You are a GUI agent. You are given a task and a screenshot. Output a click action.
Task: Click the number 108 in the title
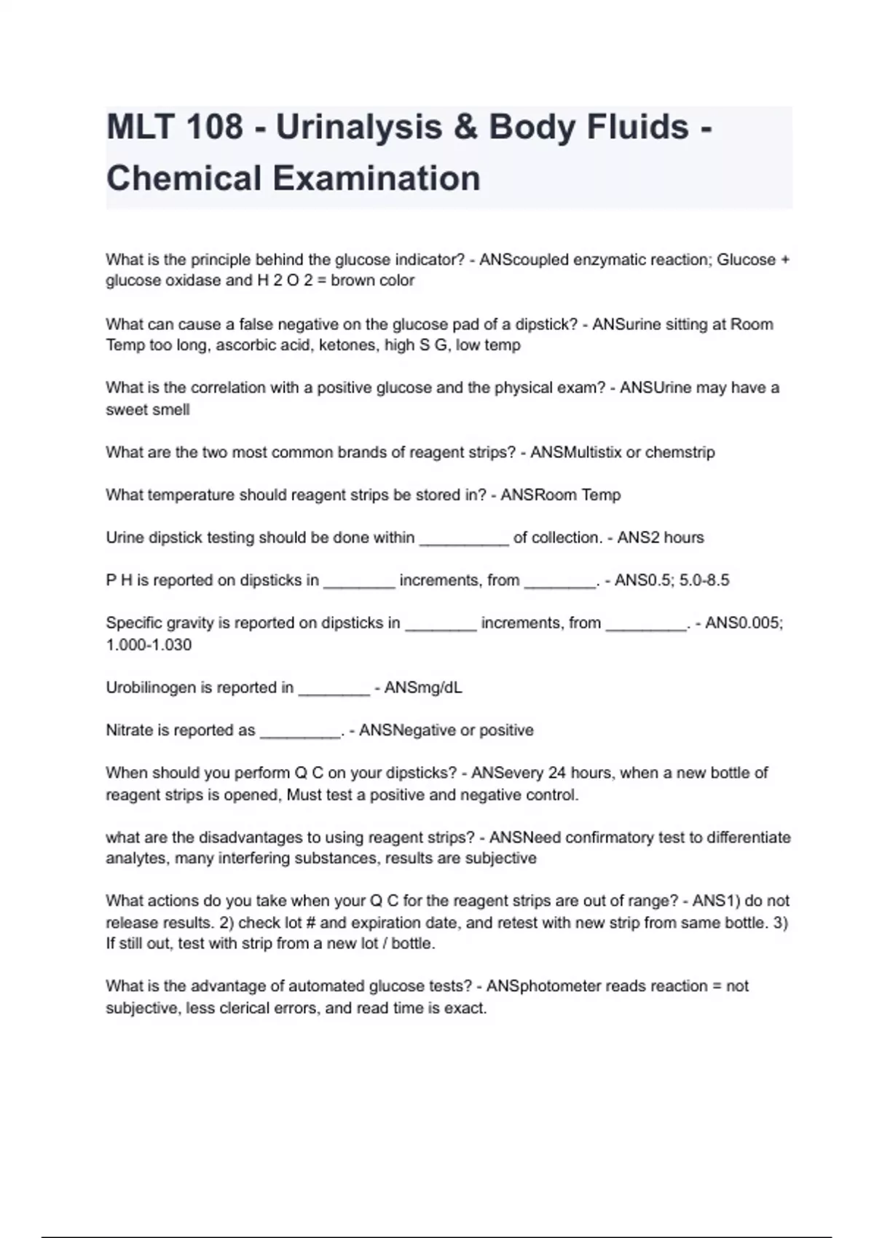(214, 127)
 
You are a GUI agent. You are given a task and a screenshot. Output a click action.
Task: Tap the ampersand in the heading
(465, 127)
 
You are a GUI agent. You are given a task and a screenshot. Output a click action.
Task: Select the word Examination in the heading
(377, 178)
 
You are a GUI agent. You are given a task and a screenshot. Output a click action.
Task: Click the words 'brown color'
(372, 280)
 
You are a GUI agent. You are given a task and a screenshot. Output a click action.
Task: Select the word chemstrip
(680, 452)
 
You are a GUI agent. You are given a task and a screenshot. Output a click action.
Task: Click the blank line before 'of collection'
(464, 539)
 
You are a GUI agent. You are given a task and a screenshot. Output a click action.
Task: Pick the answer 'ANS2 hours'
(661, 537)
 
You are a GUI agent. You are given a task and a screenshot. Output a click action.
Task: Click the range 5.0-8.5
(704, 580)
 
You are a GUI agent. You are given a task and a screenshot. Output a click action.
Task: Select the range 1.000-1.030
(149, 644)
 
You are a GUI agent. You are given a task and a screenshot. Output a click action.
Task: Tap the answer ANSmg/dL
(423, 687)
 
